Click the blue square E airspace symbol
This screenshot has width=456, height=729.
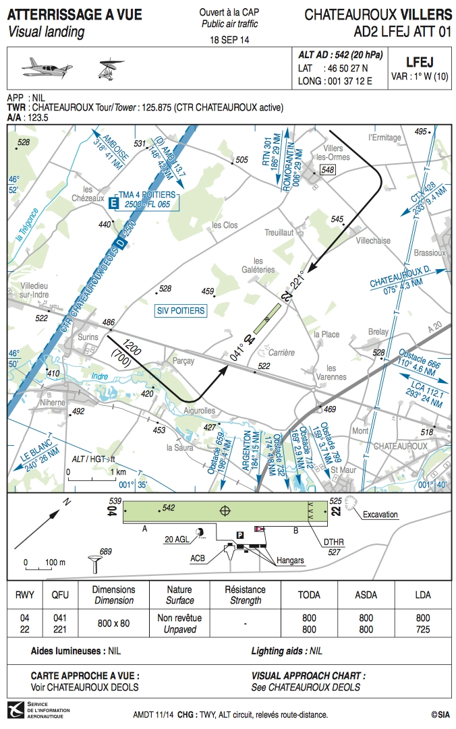[113, 202]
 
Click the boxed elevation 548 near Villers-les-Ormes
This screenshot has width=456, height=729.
[328, 169]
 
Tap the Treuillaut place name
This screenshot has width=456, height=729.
[279, 232]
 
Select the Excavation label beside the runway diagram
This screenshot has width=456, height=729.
[380, 515]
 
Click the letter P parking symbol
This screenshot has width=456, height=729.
[239, 535]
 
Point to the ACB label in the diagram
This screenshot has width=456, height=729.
[198, 558]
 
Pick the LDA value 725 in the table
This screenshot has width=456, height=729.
[423, 629]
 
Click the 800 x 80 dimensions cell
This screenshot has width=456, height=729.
[113, 623]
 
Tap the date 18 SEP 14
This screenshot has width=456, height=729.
[229, 40]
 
